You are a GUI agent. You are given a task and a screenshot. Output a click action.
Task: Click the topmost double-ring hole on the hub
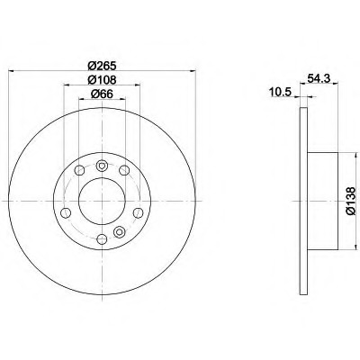click(102, 165)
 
